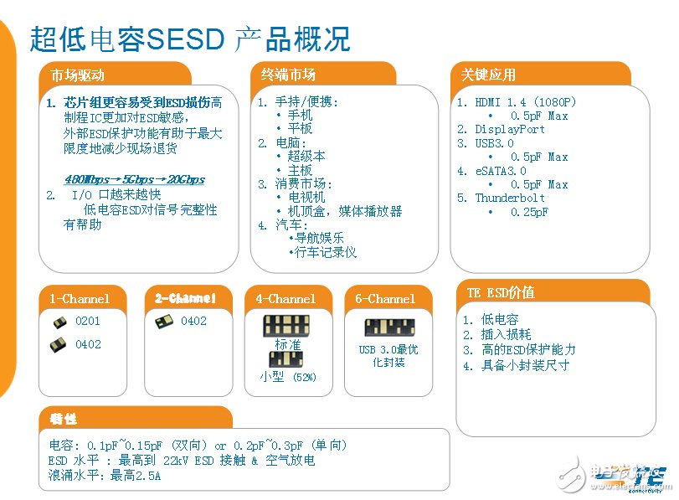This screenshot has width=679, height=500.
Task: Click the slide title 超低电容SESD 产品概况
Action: tap(190, 39)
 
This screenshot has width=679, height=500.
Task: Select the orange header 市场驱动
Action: tap(78, 75)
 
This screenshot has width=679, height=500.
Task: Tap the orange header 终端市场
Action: tap(288, 75)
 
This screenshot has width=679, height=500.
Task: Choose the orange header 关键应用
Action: tap(488, 75)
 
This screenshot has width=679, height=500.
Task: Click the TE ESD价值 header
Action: tap(500, 292)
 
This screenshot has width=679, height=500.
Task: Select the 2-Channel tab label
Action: tap(185, 298)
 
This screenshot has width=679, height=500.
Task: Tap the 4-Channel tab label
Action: tap(286, 298)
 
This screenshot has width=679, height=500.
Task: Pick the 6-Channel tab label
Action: tap(385, 298)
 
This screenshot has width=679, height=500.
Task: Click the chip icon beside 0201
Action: tap(59, 322)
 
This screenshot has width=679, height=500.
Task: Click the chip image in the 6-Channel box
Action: tap(390, 327)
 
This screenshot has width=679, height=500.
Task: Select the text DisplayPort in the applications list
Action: tap(510, 129)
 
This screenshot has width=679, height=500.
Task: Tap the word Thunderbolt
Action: tap(510, 198)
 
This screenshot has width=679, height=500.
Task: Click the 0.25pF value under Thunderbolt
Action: tap(529, 212)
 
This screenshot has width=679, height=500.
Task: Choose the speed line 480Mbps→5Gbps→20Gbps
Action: tap(134, 179)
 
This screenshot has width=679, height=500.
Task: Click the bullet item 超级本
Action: tap(306, 156)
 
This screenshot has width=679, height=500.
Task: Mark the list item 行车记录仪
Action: tap(322, 251)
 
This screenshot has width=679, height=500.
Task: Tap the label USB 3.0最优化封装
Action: tap(388, 356)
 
